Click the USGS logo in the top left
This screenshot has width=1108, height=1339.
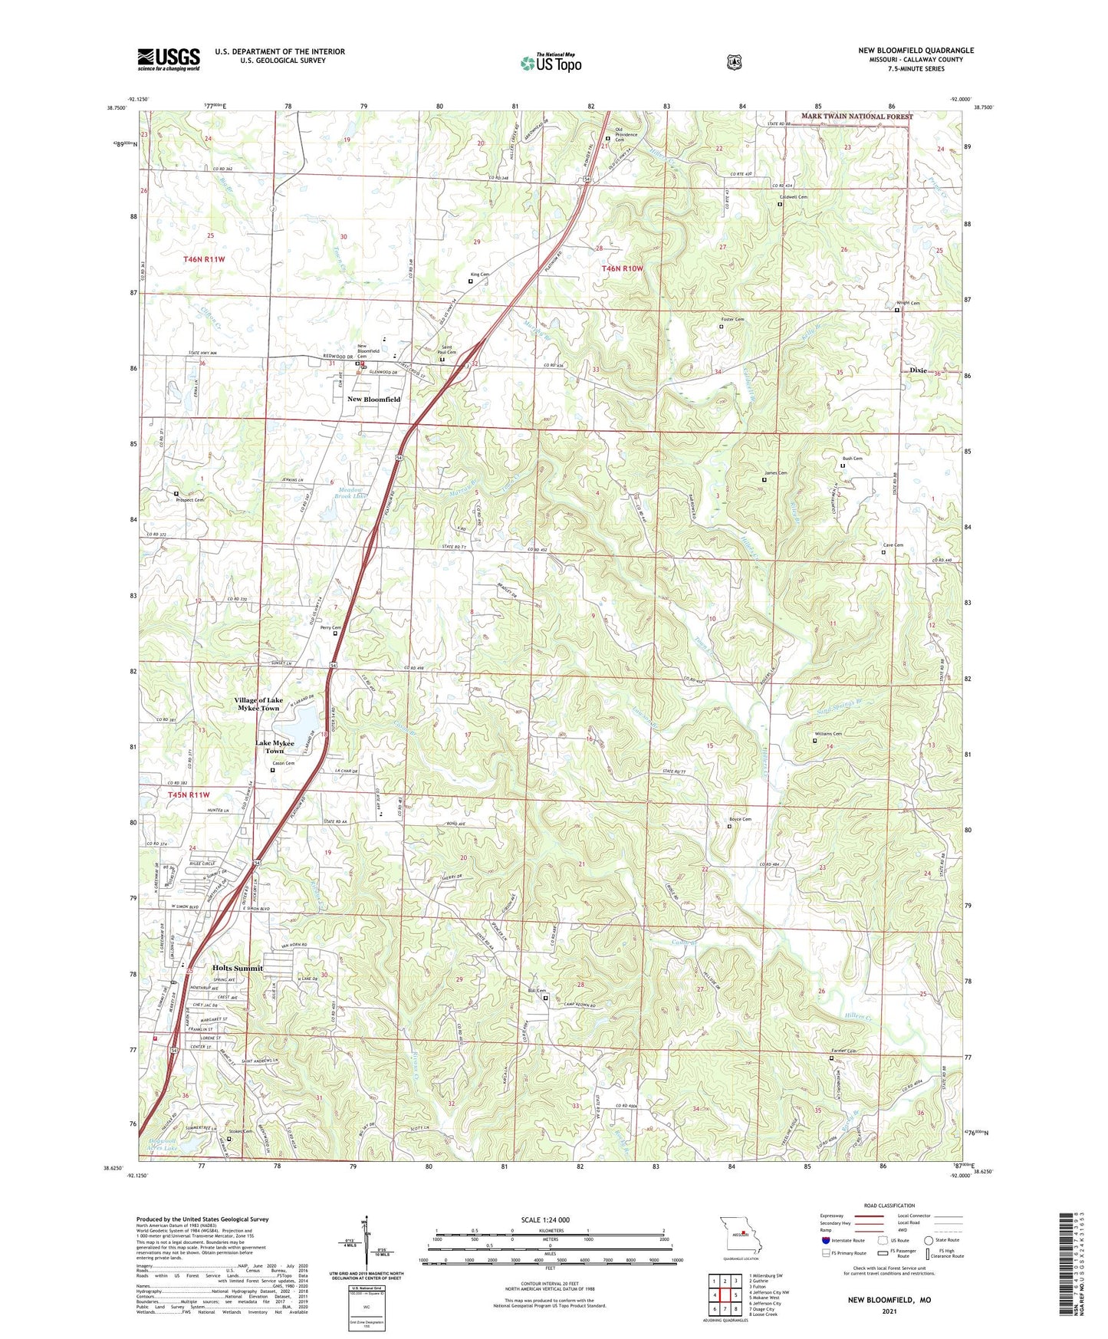pyautogui.click(x=169, y=59)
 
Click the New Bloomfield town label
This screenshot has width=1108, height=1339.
pyautogui.click(x=373, y=400)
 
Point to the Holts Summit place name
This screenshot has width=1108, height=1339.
pyautogui.click(x=237, y=968)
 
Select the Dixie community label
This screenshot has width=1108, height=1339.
pyautogui.click(x=918, y=370)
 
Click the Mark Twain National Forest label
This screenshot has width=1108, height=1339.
pyautogui.click(x=856, y=117)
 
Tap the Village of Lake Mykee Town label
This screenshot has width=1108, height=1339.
pyautogui.click(x=258, y=704)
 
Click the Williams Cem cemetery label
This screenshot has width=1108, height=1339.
pyautogui.click(x=828, y=734)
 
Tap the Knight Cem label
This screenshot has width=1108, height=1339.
pyautogui.click(x=908, y=303)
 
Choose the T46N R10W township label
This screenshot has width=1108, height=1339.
pyautogui.click(x=622, y=268)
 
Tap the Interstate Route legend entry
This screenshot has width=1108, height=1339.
pyautogui.click(x=843, y=1239)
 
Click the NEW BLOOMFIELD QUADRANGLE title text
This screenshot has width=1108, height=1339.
pyautogui.click(x=916, y=51)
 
